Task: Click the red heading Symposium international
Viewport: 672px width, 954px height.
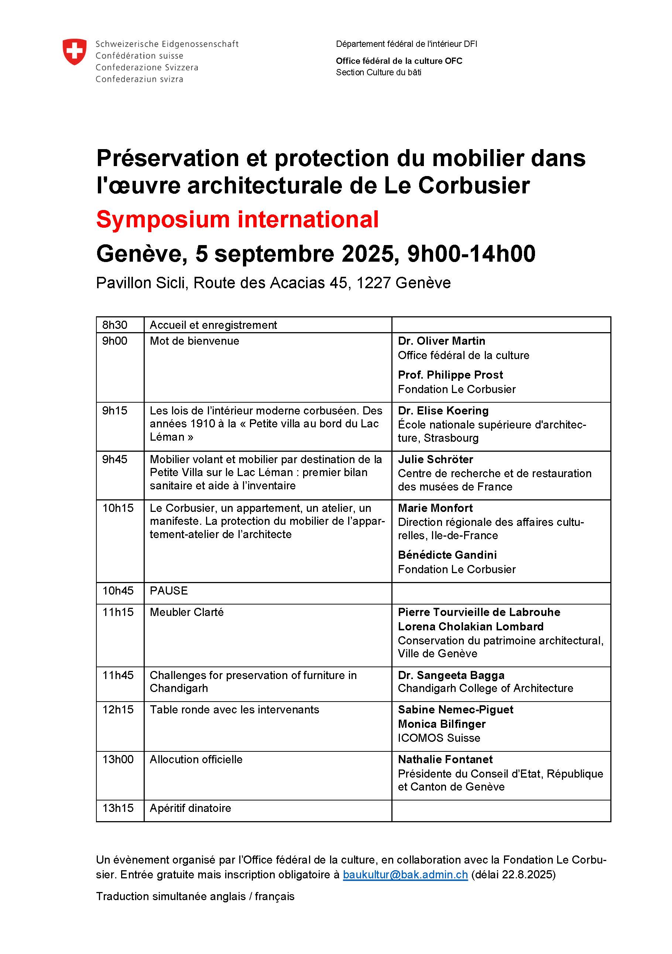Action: (237, 219)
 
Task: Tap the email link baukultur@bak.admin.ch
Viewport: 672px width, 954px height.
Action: (405, 874)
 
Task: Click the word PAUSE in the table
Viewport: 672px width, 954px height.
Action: (169, 590)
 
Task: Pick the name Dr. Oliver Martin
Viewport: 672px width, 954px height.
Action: (441, 341)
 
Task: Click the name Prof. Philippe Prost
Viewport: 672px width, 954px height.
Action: (450, 375)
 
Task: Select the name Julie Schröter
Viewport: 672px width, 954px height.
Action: (435, 459)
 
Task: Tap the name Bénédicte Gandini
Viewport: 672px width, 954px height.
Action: (447, 555)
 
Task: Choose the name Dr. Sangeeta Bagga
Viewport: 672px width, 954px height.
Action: (451, 675)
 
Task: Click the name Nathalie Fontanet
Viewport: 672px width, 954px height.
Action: (445, 759)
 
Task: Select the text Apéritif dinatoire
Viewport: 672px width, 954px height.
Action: (190, 808)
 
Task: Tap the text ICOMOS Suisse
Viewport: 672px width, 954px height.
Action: (439, 738)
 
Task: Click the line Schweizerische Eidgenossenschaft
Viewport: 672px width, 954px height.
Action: (167, 44)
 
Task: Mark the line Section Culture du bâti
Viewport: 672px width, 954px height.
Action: (378, 72)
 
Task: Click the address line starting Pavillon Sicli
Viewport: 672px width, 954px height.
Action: (273, 283)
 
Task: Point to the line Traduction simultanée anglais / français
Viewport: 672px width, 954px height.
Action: (195, 896)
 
